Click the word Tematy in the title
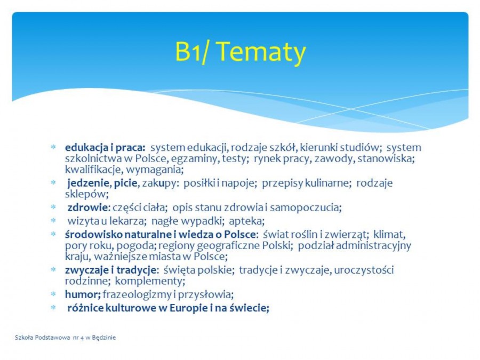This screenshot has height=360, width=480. coord(262,52)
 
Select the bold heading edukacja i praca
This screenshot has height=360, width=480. coord(105,148)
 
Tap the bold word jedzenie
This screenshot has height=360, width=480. coord(88,183)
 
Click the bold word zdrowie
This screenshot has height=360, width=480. coord(87,207)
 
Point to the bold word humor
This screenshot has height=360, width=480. coord(83,294)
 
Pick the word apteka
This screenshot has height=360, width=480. coord(247,221)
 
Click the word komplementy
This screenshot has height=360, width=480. coord(150,281)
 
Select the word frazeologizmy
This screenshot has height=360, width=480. coord(137,295)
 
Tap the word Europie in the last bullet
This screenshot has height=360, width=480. coord(189,308)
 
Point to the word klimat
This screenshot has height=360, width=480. coord(389,235)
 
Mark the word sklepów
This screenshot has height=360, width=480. coord(86,194)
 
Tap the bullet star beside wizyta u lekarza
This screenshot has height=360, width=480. coord(53,220)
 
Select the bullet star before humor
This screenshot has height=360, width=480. coord(53,294)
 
